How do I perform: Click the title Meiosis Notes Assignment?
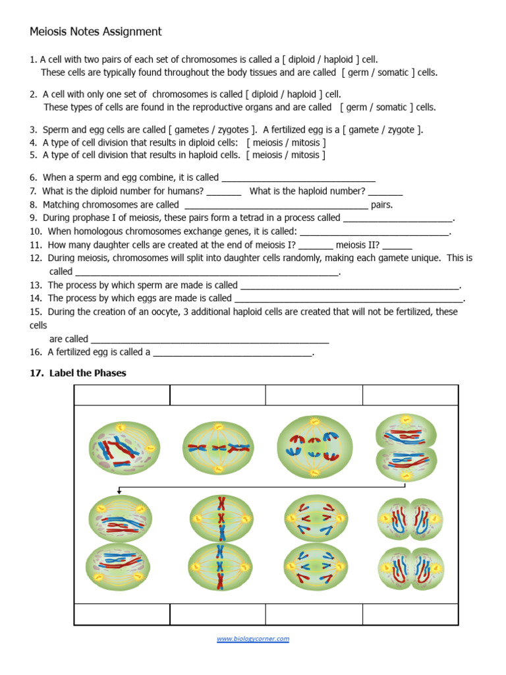point(96,32)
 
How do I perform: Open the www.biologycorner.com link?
point(253,638)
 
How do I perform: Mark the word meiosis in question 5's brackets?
point(267,156)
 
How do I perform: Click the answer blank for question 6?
point(298,178)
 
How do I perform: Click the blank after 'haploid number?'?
point(385,191)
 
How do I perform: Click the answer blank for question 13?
point(350,285)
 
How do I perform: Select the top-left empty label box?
point(122,396)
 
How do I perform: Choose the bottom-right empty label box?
point(410,614)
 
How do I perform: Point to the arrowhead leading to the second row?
point(119,491)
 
